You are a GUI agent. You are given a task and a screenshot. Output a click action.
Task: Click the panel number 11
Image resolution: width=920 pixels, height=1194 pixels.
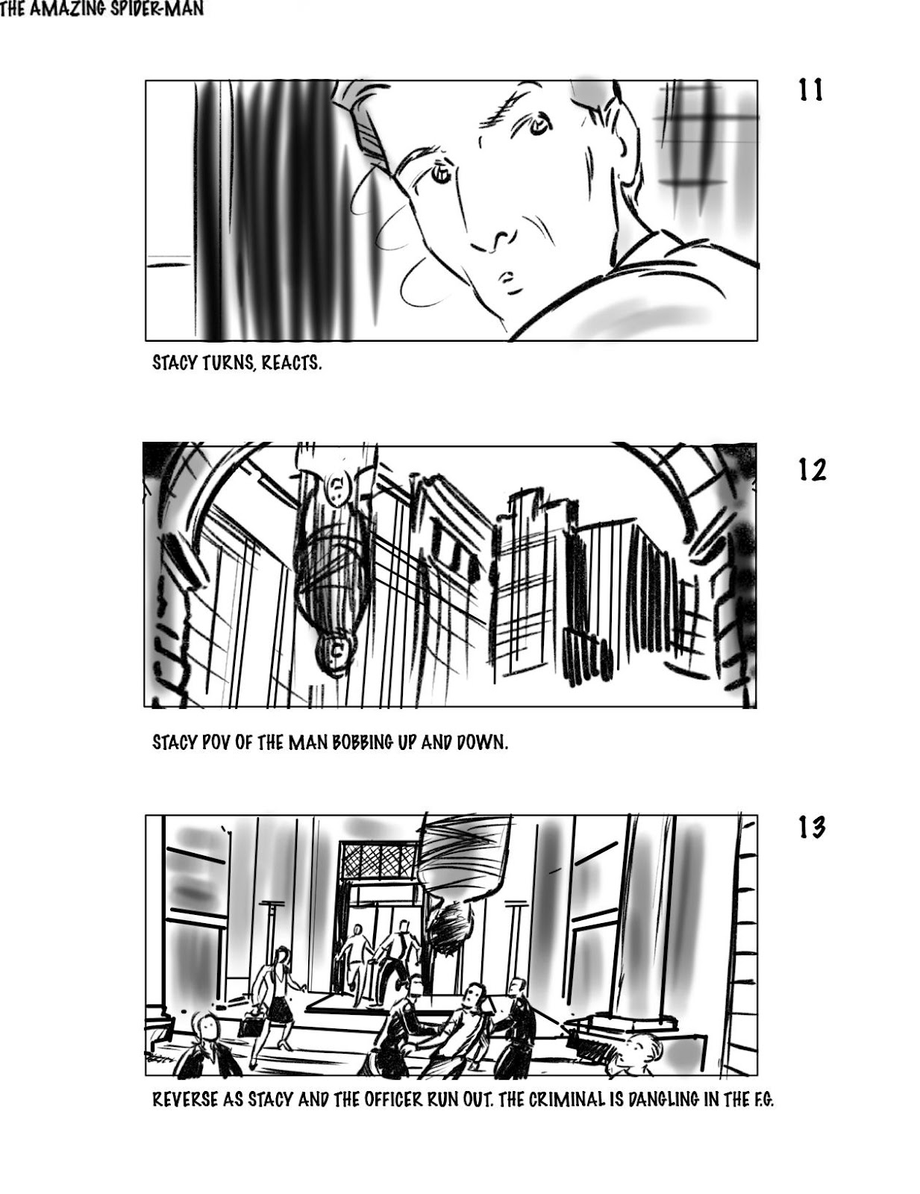810,90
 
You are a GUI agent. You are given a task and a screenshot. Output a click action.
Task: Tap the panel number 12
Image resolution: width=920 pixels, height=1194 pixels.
812,470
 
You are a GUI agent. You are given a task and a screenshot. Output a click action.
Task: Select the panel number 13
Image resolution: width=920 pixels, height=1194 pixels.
812,843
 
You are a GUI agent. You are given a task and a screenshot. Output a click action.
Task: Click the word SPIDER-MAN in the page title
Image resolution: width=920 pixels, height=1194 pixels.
160,10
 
